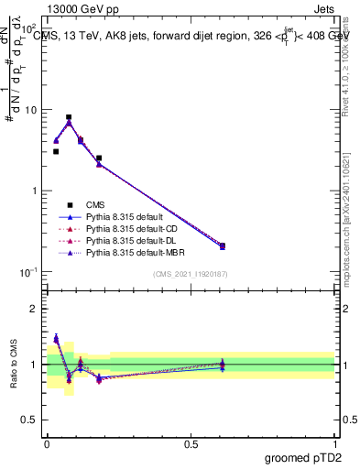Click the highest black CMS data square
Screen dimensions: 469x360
[69, 117]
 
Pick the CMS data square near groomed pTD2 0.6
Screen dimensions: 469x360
[223, 245]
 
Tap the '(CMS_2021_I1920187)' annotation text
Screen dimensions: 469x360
[191, 275]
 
